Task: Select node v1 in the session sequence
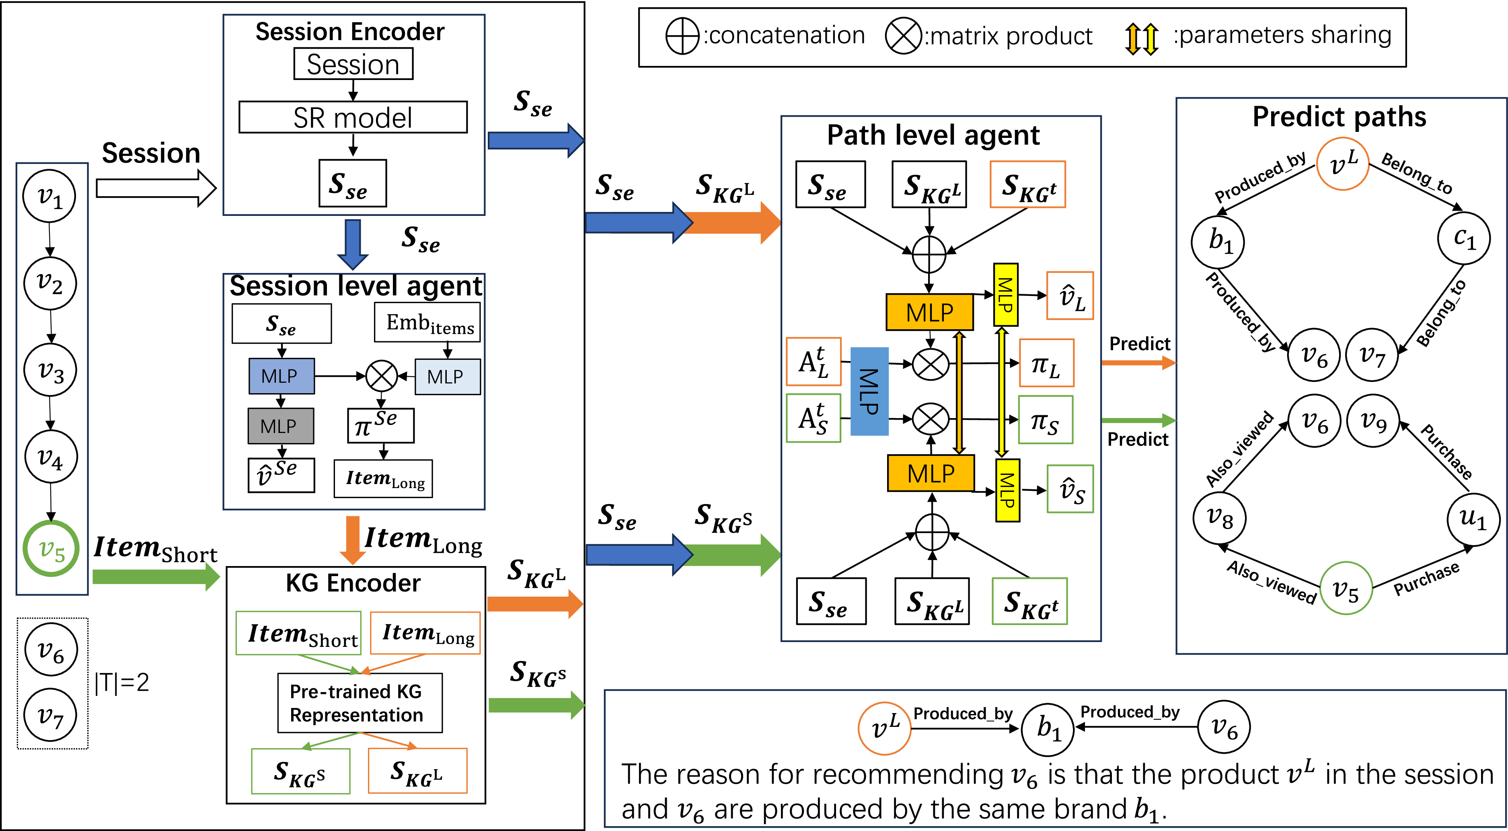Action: pos(50,196)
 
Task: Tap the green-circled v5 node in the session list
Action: pos(51,549)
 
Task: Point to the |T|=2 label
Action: pos(122,682)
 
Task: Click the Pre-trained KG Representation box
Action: pos(360,703)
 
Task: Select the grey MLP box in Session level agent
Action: pos(280,426)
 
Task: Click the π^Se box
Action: pos(381,425)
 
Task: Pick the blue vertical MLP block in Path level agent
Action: pos(869,392)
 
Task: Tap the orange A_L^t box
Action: pos(814,362)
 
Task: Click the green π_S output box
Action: pos(1046,420)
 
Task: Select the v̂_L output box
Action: pos(1070,296)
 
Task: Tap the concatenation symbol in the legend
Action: pos(682,36)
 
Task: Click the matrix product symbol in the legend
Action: pos(903,36)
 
